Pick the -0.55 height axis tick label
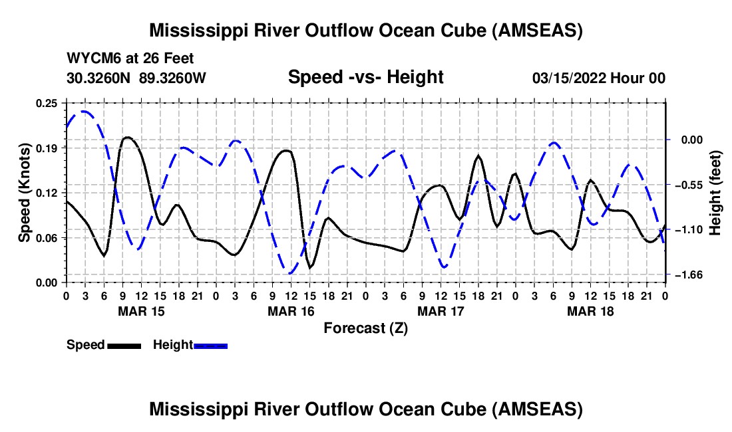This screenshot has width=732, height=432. point(690,185)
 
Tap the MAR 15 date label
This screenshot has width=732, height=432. point(141,311)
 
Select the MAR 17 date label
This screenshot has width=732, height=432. point(441,311)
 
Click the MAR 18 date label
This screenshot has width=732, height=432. point(590,311)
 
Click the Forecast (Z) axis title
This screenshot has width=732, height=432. point(365,328)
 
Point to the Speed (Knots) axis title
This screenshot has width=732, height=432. point(24,192)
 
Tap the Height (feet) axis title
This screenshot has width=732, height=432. point(716,192)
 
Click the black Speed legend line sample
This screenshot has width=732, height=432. point(123,346)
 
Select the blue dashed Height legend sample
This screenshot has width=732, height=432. point(210,346)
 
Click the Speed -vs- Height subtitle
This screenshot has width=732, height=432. point(365,78)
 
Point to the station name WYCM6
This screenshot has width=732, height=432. point(91,59)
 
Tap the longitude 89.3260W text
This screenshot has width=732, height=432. point(173,78)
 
